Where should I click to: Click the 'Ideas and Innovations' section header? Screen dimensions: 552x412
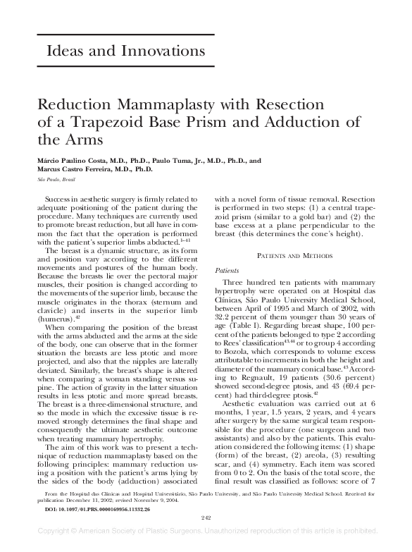point(125,51)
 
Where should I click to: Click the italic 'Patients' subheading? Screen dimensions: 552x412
point(227,270)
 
